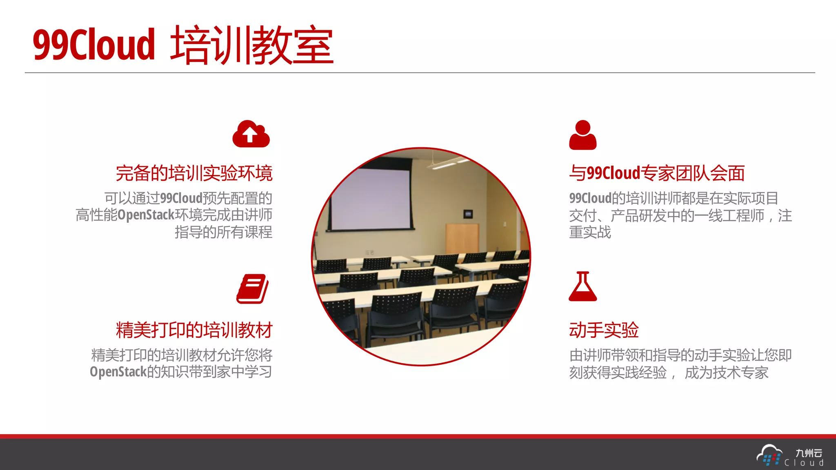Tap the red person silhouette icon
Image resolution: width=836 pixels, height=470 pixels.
point(583,135)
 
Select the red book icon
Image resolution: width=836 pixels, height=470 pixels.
point(252,288)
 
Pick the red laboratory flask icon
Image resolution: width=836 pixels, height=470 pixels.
point(583,286)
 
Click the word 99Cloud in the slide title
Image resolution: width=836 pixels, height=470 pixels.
point(94,44)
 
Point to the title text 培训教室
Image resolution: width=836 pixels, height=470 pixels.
point(252,44)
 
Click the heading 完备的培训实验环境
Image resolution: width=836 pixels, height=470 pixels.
point(194,173)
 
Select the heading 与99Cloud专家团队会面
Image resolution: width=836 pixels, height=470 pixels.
point(657,173)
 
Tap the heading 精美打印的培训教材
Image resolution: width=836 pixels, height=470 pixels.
point(194,330)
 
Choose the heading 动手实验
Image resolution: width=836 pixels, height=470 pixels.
point(604,330)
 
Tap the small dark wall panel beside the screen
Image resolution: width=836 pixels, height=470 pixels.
point(468,214)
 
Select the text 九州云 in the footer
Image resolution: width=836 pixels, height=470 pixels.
point(809,453)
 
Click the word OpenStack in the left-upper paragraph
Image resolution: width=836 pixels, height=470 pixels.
point(146,215)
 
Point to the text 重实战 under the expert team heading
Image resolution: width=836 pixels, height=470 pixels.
point(590,232)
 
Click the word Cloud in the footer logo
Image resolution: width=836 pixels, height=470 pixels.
point(804,463)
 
